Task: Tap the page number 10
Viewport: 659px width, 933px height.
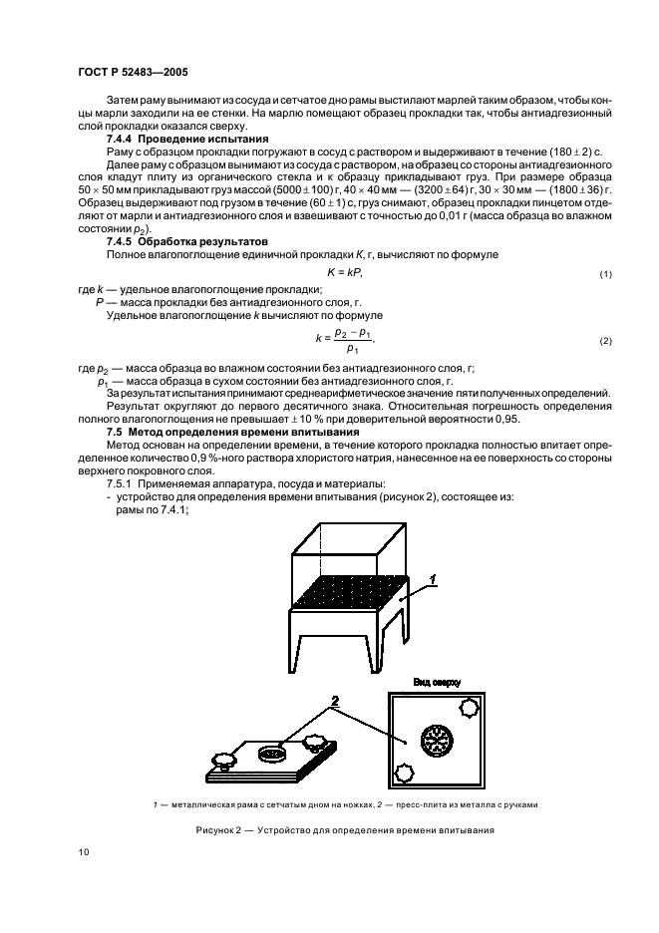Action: tap(84, 851)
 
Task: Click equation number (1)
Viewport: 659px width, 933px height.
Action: tap(604, 273)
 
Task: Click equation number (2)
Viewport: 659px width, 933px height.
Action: tap(604, 342)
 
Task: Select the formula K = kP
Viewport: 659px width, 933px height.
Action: tap(344, 272)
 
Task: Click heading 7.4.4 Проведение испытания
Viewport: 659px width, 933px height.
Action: tap(172, 140)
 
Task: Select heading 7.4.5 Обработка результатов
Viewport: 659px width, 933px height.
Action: tap(175, 242)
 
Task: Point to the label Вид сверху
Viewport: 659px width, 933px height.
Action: tap(437, 680)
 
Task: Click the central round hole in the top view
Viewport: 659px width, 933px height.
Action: tap(437, 740)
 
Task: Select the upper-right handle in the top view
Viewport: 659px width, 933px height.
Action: tap(466, 708)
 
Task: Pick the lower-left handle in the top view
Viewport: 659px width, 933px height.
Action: tap(405, 773)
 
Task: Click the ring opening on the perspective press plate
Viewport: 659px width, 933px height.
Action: tap(270, 754)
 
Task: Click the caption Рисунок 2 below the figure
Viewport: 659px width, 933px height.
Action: tap(345, 830)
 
